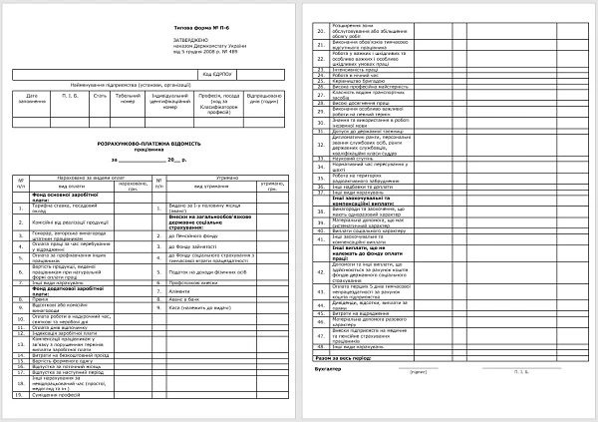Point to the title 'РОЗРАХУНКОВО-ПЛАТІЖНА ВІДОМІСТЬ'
point(148,147)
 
